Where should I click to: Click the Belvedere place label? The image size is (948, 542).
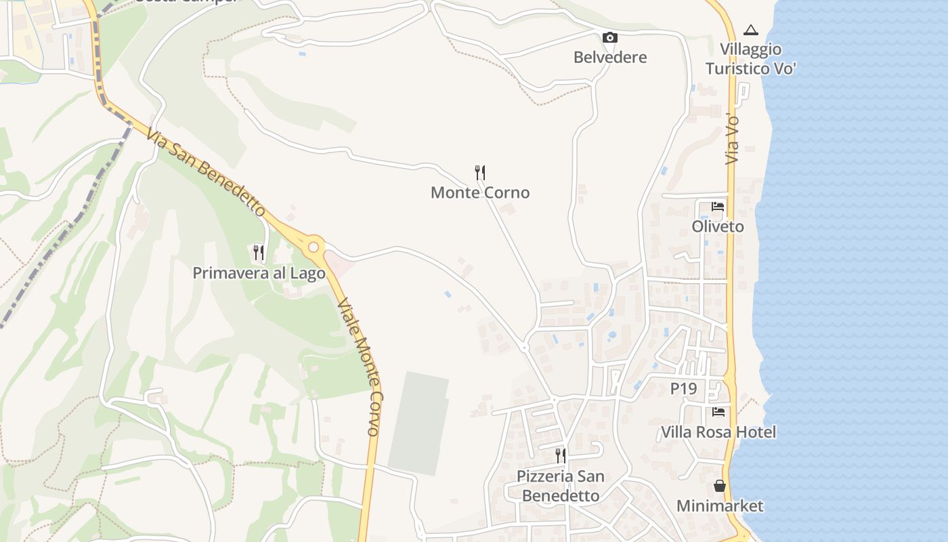tap(610, 58)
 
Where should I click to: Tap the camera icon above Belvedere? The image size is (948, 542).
tap(610, 38)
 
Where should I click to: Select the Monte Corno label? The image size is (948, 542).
tap(480, 193)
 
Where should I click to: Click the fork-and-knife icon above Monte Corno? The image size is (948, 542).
tap(480, 173)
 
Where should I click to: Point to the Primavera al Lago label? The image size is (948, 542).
tap(259, 273)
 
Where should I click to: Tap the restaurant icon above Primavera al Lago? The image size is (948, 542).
tap(259, 253)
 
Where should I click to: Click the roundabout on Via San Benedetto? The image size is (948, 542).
tap(314, 247)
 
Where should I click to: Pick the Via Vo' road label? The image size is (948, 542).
tap(732, 139)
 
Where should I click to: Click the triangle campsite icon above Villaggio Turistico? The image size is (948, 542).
tap(750, 30)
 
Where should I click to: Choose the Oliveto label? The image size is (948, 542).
tap(718, 227)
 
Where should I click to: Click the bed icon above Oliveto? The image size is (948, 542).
tap(718, 207)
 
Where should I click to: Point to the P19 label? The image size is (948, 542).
tap(684, 389)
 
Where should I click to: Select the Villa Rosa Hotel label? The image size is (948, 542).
tap(718, 432)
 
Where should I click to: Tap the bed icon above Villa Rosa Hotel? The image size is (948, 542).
tap(718, 412)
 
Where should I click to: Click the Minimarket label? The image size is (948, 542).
tap(720, 506)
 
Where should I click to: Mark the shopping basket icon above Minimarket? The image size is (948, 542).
tap(719, 486)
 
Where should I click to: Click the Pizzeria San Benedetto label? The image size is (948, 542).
tap(561, 486)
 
